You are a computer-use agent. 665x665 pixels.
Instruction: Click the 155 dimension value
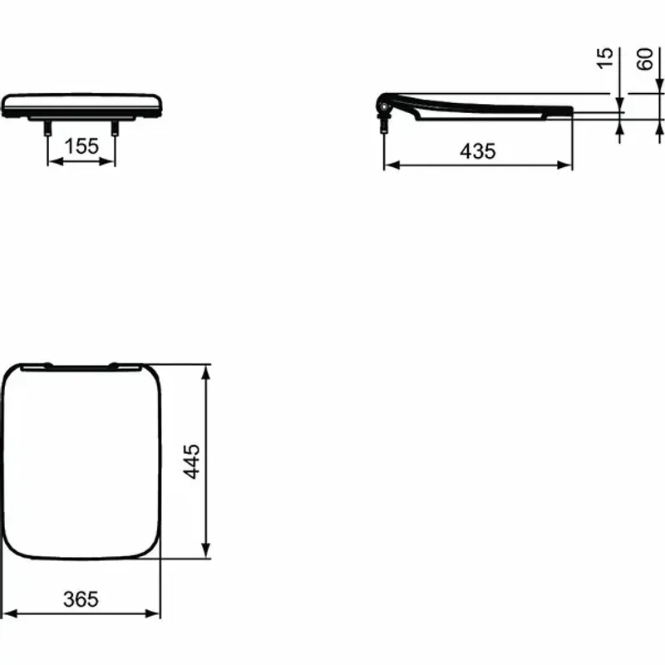(x=81, y=146)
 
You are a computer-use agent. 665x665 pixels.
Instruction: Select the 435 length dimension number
(x=477, y=151)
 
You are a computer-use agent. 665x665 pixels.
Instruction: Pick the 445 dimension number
(x=191, y=461)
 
